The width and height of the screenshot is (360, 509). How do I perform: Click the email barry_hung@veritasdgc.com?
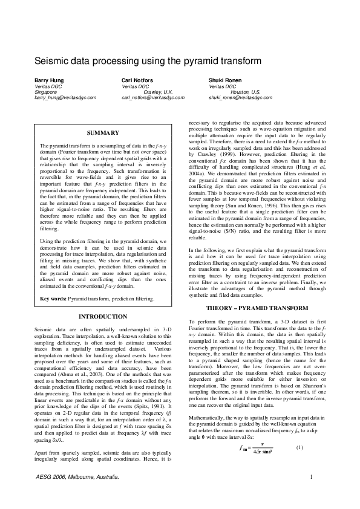pyautogui.click(x=62, y=97)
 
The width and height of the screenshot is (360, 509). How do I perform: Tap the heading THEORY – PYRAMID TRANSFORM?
pyautogui.click(x=257, y=308)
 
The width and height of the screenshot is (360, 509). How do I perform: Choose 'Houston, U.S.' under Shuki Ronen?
pyautogui.click(x=246, y=91)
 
